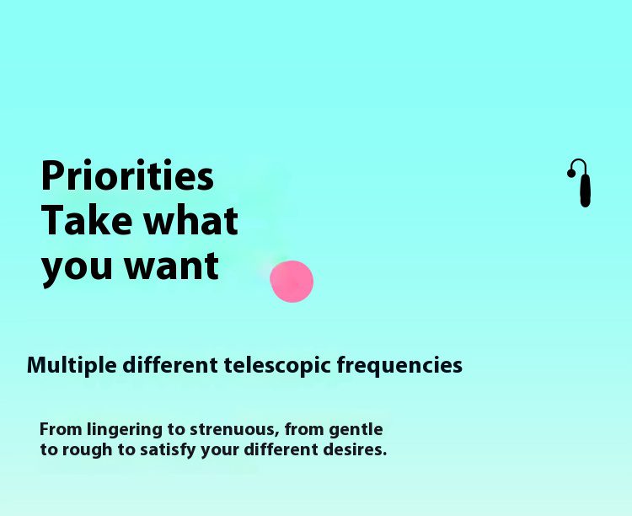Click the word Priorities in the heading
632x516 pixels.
coord(127,176)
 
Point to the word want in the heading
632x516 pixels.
coord(172,266)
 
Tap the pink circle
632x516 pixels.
coord(292,282)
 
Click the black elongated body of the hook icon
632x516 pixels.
coord(586,190)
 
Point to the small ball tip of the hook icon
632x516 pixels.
coord(571,173)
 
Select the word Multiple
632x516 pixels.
coord(72,366)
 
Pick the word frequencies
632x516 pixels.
coord(399,366)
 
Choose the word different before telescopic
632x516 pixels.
coord(170,365)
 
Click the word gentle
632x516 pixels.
coord(356,430)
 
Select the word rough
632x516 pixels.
coord(87,449)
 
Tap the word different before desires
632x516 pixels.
coord(281,449)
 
